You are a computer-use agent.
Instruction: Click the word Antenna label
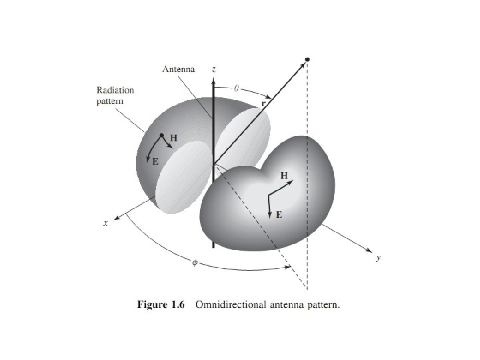point(179,69)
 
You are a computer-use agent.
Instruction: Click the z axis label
point(213,69)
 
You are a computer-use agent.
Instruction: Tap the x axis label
point(105,224)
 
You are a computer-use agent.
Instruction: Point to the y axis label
point(377,258)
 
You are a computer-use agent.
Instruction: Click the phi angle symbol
point(195,262)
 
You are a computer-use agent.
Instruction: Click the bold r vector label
point(263,104)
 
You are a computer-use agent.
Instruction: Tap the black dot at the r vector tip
point(307,61)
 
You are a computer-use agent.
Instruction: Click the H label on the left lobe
point(173,138)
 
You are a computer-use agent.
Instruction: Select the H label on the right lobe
point(284,175)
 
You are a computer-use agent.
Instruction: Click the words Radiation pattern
point(115,95)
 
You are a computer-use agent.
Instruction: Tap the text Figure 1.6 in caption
point(163,305)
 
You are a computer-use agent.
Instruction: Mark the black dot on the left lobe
point(162,135)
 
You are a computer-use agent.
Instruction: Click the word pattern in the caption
point(323,305)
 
